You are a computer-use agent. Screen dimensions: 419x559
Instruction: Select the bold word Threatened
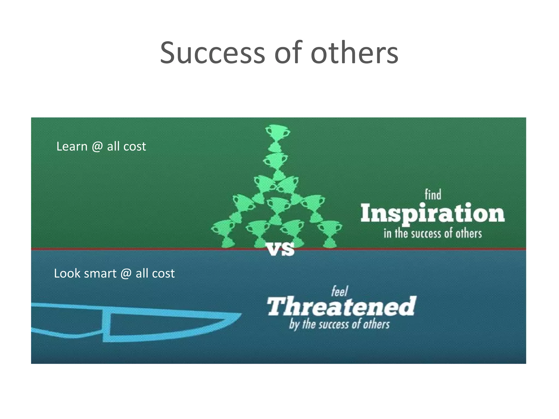click(x=341, y=307)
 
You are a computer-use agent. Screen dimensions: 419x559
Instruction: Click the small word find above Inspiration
click(x=433, y=195)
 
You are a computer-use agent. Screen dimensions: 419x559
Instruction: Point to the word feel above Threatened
click(x=340, y=292)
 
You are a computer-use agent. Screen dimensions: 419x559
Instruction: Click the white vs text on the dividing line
click(x=281, y=249)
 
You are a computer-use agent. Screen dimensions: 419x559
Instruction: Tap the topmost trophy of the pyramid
click(x=277, y=136)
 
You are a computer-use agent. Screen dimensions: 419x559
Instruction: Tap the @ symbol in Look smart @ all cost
click(x=126, y=273)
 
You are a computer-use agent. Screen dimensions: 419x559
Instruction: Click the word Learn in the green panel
click(x=72, y=146)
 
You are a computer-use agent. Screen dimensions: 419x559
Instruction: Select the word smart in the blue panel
click(x=100, y=273)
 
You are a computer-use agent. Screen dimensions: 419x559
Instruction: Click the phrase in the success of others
click(x=433, y=234)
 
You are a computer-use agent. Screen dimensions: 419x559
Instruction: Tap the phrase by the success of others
click(x=339, y=325)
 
